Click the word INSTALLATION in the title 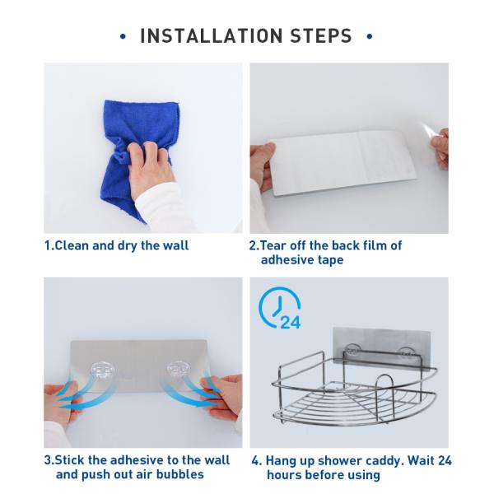[x=211, y=35]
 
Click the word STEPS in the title [x=321, y=35]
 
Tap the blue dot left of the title [x=123, y=36]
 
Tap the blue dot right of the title [x=370, y=36]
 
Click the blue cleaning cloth [x=138, y=126]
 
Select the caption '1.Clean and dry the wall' [x=117, y=245]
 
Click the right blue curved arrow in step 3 [x=189, y=390]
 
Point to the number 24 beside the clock [x=291, y=322]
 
